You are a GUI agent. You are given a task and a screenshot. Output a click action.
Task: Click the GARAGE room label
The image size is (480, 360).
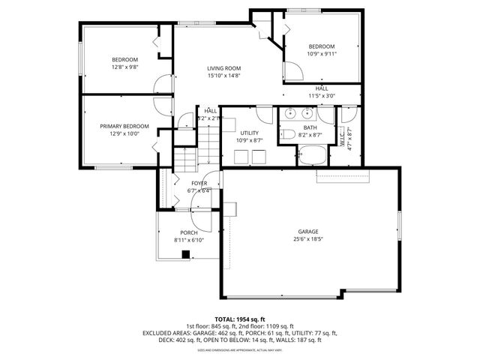pos(308,231)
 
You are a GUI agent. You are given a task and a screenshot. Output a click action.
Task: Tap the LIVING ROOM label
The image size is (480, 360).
pos(224,68)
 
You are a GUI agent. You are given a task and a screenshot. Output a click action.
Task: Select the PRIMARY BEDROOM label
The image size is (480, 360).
pos(124,126)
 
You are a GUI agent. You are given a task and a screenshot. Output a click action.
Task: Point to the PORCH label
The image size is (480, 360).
pos(188,232)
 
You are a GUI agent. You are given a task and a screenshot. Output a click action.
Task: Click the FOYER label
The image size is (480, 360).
pos(199,183)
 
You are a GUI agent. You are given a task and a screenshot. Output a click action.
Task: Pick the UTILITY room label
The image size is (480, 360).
pos(249,133)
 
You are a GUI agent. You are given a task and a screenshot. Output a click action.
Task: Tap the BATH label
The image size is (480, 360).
pos(310,127)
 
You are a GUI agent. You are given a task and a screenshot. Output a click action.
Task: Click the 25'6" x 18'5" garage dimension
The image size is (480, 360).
pos(308,239)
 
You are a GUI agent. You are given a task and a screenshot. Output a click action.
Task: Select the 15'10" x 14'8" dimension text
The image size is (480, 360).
pos(224,76)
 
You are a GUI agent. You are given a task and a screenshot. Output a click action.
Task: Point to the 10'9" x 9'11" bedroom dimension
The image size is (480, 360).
pos(322,54)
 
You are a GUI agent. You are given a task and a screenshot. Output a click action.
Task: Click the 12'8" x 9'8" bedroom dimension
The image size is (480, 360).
pos(124,67)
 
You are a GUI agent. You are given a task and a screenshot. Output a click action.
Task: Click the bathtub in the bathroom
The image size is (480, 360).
pos(310,155)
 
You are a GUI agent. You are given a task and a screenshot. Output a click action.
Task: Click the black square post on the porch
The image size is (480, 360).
pos(185,253)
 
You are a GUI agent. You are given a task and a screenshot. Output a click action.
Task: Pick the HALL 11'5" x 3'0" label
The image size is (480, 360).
pos(321,92)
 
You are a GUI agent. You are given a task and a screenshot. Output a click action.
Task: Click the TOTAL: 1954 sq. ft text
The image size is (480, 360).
pos(240,319)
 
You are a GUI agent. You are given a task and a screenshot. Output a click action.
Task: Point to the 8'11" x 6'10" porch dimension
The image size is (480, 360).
pos(188,240)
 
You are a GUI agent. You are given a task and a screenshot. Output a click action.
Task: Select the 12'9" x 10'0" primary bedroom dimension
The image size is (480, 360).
pos(124,134)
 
